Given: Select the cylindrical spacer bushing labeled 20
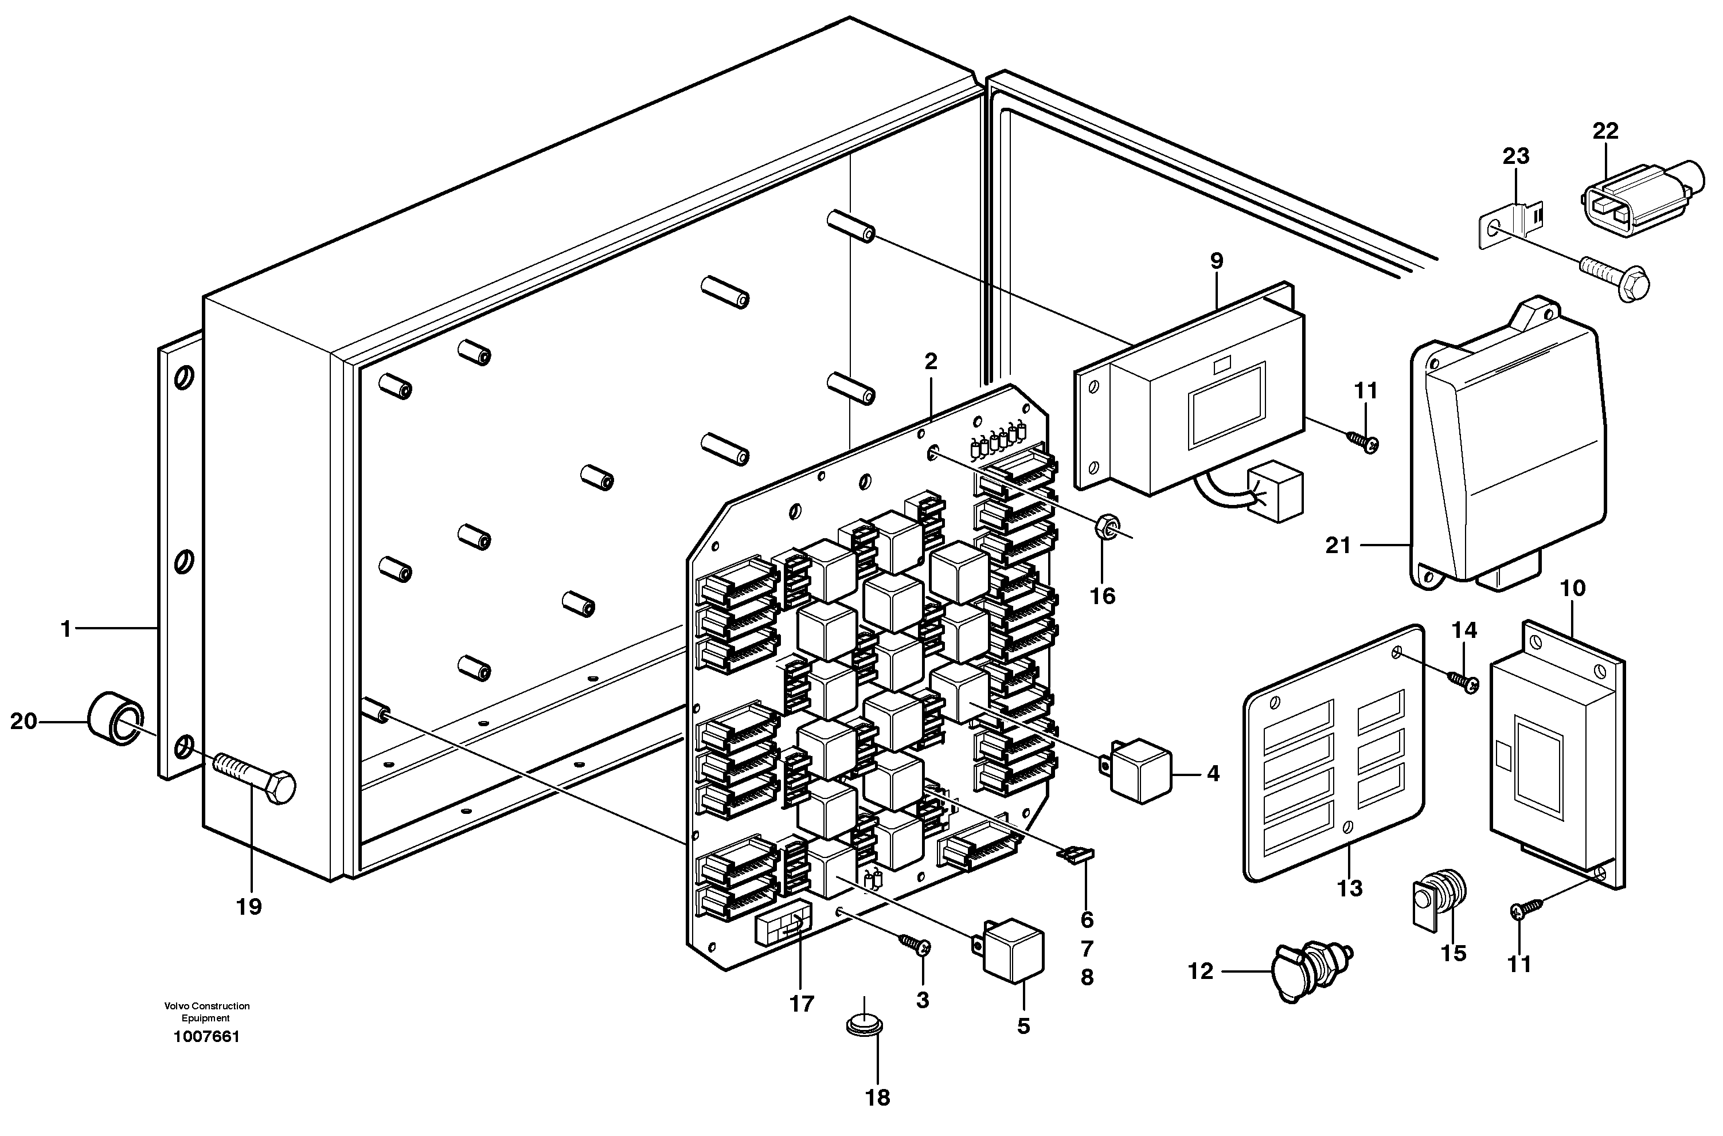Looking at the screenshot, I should pyautogui.click(x=115, y=719).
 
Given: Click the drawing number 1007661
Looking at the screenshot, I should pyautogui.click(x=206, y=1037).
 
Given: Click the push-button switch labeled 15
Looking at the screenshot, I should pyautogui.click(x=1438, y=903).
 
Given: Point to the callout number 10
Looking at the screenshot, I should pyautogui.click(x=1572, y=588).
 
